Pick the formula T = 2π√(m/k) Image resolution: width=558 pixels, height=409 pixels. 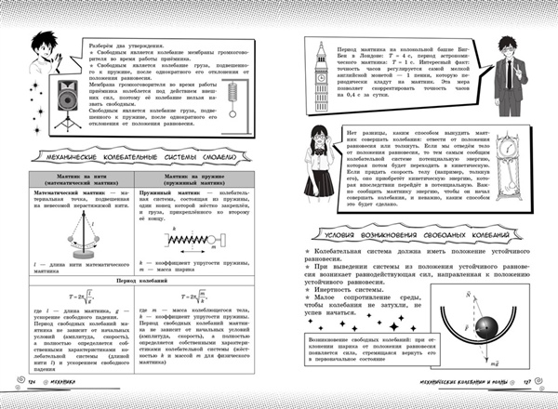pyautogui.click(x=194, y=295)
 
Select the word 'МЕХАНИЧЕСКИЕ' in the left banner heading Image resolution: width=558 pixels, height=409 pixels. pyautogui.click(x=82, y=158)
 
